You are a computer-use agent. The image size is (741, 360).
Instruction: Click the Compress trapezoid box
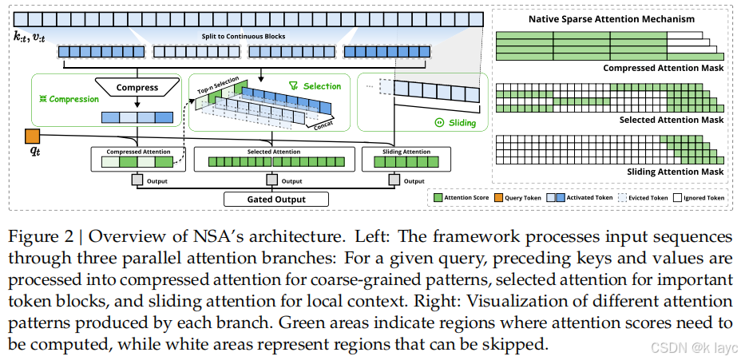click(137, 87)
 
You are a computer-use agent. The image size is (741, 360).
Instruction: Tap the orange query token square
click(33, 135)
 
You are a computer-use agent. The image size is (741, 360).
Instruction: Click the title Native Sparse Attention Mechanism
click(612, 18)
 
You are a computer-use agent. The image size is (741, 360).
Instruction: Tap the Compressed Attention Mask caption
click(663, 69)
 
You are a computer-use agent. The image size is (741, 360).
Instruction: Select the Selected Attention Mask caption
click(670, 120)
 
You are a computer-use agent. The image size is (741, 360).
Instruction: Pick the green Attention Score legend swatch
click(438, 197)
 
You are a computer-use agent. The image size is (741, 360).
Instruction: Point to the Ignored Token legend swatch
click(678, 197)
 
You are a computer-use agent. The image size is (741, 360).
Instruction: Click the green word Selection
click(322, 86)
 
